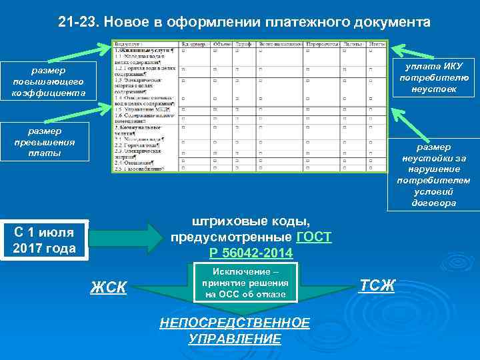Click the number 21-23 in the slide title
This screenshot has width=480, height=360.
tap(75, 23)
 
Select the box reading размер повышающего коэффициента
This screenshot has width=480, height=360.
tap(44, 81)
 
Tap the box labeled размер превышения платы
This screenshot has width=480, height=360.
tap(44, 142)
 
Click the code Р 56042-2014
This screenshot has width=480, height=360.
tap(251, 253)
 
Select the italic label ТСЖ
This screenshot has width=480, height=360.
tap(377, 285)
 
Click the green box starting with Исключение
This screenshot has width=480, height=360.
tap(245, 283)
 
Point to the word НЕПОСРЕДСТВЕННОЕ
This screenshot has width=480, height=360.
tap(235, 323)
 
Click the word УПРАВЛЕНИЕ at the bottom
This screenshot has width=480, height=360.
tap(235, 339)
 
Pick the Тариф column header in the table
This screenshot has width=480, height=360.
tap(243, 44)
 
